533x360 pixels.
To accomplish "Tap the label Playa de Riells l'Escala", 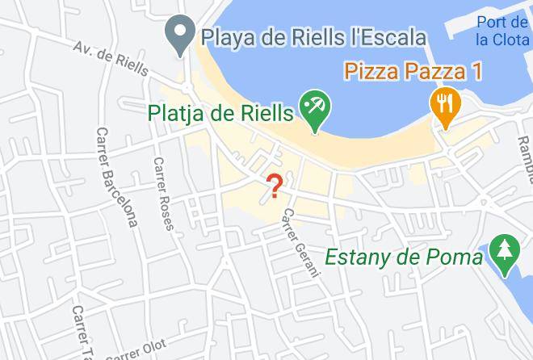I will point(313,37).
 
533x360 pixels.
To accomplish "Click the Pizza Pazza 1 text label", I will point(413,71).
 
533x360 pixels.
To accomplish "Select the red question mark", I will point(275,186).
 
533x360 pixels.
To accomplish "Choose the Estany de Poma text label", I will point(403,257).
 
